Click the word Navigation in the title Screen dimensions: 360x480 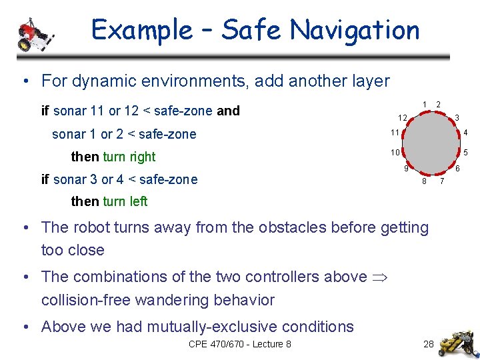(355, 30)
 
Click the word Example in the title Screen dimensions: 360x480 (141, 30)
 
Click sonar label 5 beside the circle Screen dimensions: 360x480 (466, 153)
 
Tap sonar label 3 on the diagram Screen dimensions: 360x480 (457, 118)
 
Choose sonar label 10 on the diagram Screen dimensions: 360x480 (395, 153)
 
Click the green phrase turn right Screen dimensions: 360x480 (129, 157)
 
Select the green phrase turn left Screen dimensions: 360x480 (125, 201)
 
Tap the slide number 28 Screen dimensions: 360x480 (429, 344)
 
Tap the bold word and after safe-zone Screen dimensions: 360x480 (229, 111)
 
